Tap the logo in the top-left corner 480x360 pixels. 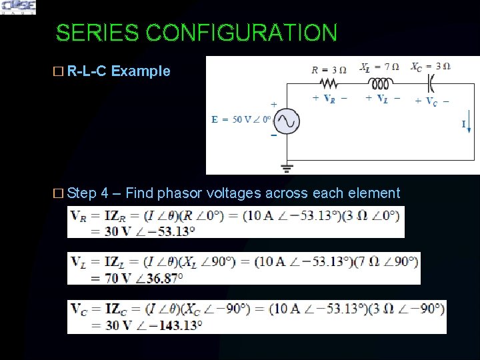point(18,7)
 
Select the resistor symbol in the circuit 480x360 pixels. point(329,83)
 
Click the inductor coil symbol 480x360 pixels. point(381,83)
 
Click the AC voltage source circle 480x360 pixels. point(287,121)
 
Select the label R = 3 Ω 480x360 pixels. point(329,68)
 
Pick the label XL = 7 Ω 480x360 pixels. point(379,67)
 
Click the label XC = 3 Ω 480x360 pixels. point(430,67)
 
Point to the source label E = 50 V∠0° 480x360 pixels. point(241,119)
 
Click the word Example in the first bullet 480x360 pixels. point(141,71)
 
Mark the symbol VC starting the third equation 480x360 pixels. point(79,309)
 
